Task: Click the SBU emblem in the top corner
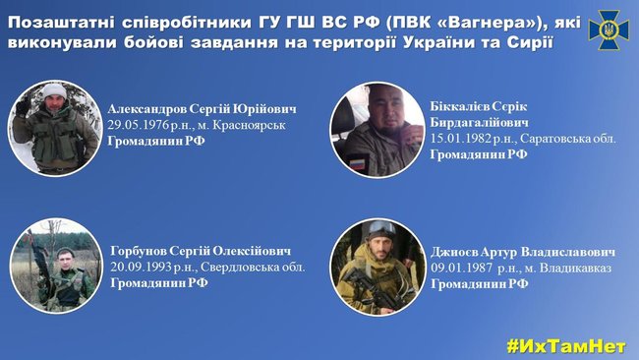pyautogui.click(x=609, y=30)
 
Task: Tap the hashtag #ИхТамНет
pyautogui.click(x=568, y=345)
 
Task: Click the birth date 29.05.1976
pyautogui.click(x=143, y=126)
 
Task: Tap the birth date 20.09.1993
pyautogui.click(x=143, y=268)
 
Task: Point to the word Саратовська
pyautogui.click(x=555, y=140)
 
